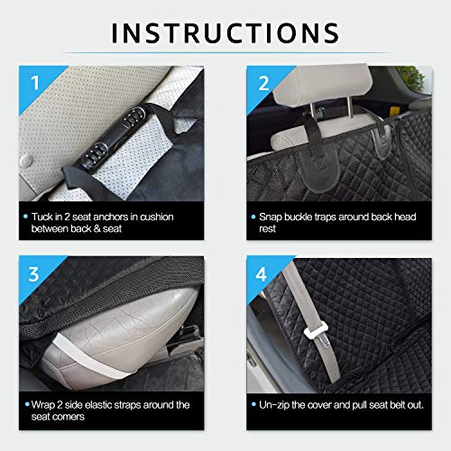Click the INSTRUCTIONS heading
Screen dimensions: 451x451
coord(225,32)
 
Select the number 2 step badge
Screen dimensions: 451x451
coord(264,83)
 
